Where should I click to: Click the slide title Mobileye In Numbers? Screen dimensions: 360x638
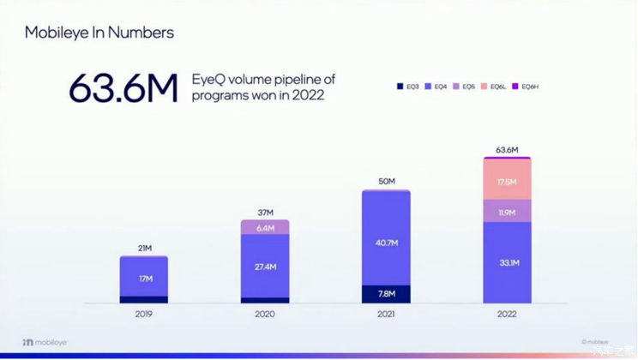point(99,33)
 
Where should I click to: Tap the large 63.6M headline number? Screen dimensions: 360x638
point(123,88)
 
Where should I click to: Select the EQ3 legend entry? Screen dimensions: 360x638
point(410,87)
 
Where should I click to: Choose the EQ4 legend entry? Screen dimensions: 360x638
point(437,87)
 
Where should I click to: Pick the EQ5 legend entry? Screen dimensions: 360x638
point(465,87)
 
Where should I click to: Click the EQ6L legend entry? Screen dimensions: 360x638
point(494,87)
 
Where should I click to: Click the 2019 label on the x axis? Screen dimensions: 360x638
point(143,315)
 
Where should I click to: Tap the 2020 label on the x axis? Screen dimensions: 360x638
point(265,315)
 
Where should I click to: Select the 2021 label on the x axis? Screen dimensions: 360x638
point(386,315)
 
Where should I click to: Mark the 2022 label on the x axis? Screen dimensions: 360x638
point(507,315)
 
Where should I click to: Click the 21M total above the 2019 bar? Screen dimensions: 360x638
point(143,249)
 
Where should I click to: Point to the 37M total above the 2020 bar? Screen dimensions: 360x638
point(265,213)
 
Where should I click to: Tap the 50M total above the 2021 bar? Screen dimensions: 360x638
point(386,182)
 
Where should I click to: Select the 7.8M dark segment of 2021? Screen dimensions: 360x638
point(386,294)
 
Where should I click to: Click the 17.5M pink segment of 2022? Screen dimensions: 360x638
point(507,182)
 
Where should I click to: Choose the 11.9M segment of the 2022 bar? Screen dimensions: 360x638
point(507,211)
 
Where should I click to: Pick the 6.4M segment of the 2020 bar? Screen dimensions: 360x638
point(265,228)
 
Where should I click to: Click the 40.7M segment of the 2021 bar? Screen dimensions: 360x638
point(386,243)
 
